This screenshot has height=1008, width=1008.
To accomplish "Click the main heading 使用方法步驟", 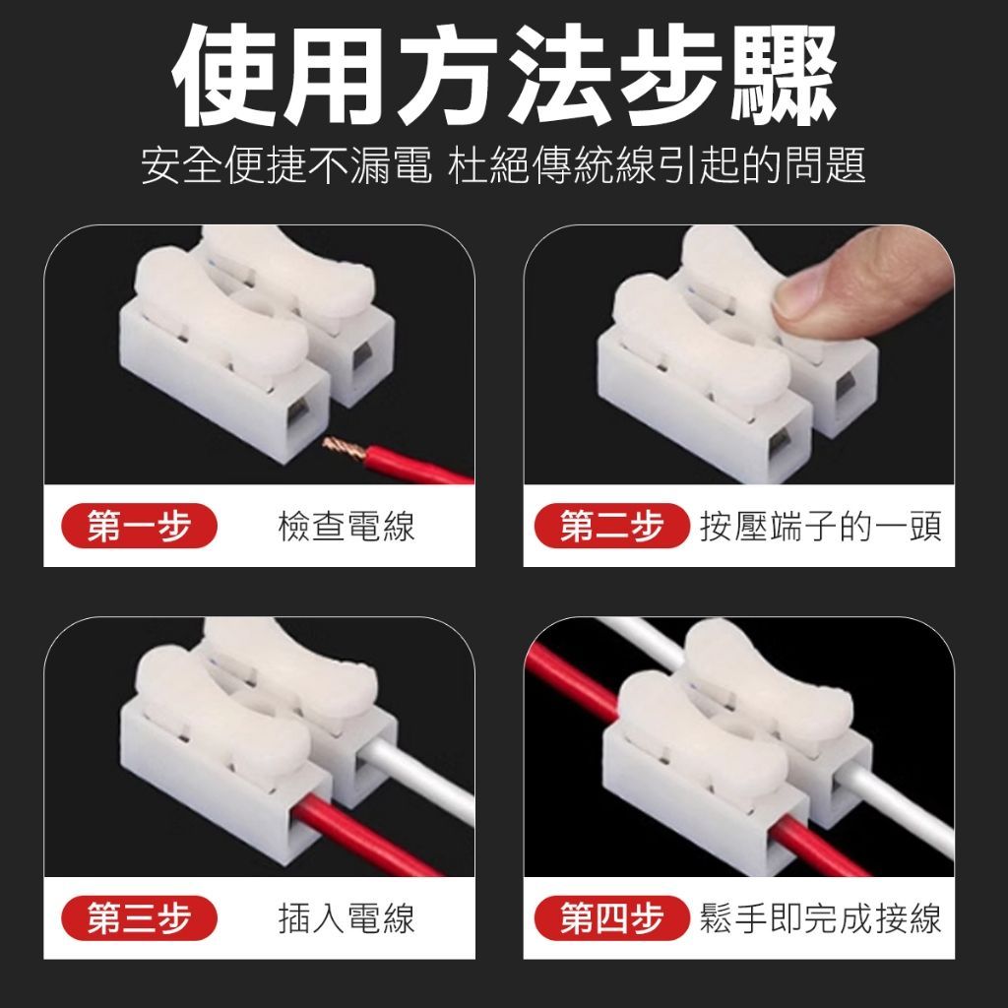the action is [505, 76].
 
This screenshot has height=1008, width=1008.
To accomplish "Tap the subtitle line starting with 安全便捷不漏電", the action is [503, 166].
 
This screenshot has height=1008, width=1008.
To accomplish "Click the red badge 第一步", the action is [139, 526].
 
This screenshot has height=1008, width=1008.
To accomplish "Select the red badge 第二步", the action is [612, 526].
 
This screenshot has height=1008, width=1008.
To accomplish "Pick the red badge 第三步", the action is [139, 918].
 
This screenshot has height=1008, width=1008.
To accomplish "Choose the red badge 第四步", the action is [612, 918].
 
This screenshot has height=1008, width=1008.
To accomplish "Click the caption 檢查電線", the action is [346, 527].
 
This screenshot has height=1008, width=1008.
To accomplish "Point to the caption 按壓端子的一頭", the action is [821, 527].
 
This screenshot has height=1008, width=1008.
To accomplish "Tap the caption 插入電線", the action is [346, 918].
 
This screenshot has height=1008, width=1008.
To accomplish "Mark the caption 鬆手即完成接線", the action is [821, 918].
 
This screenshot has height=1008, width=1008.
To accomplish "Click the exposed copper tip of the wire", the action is [344, 448].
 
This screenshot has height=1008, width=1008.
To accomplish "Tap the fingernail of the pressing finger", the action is [800, 293].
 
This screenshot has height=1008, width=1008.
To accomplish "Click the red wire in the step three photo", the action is [363, 836].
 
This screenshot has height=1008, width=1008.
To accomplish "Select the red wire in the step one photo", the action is [417, 466].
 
